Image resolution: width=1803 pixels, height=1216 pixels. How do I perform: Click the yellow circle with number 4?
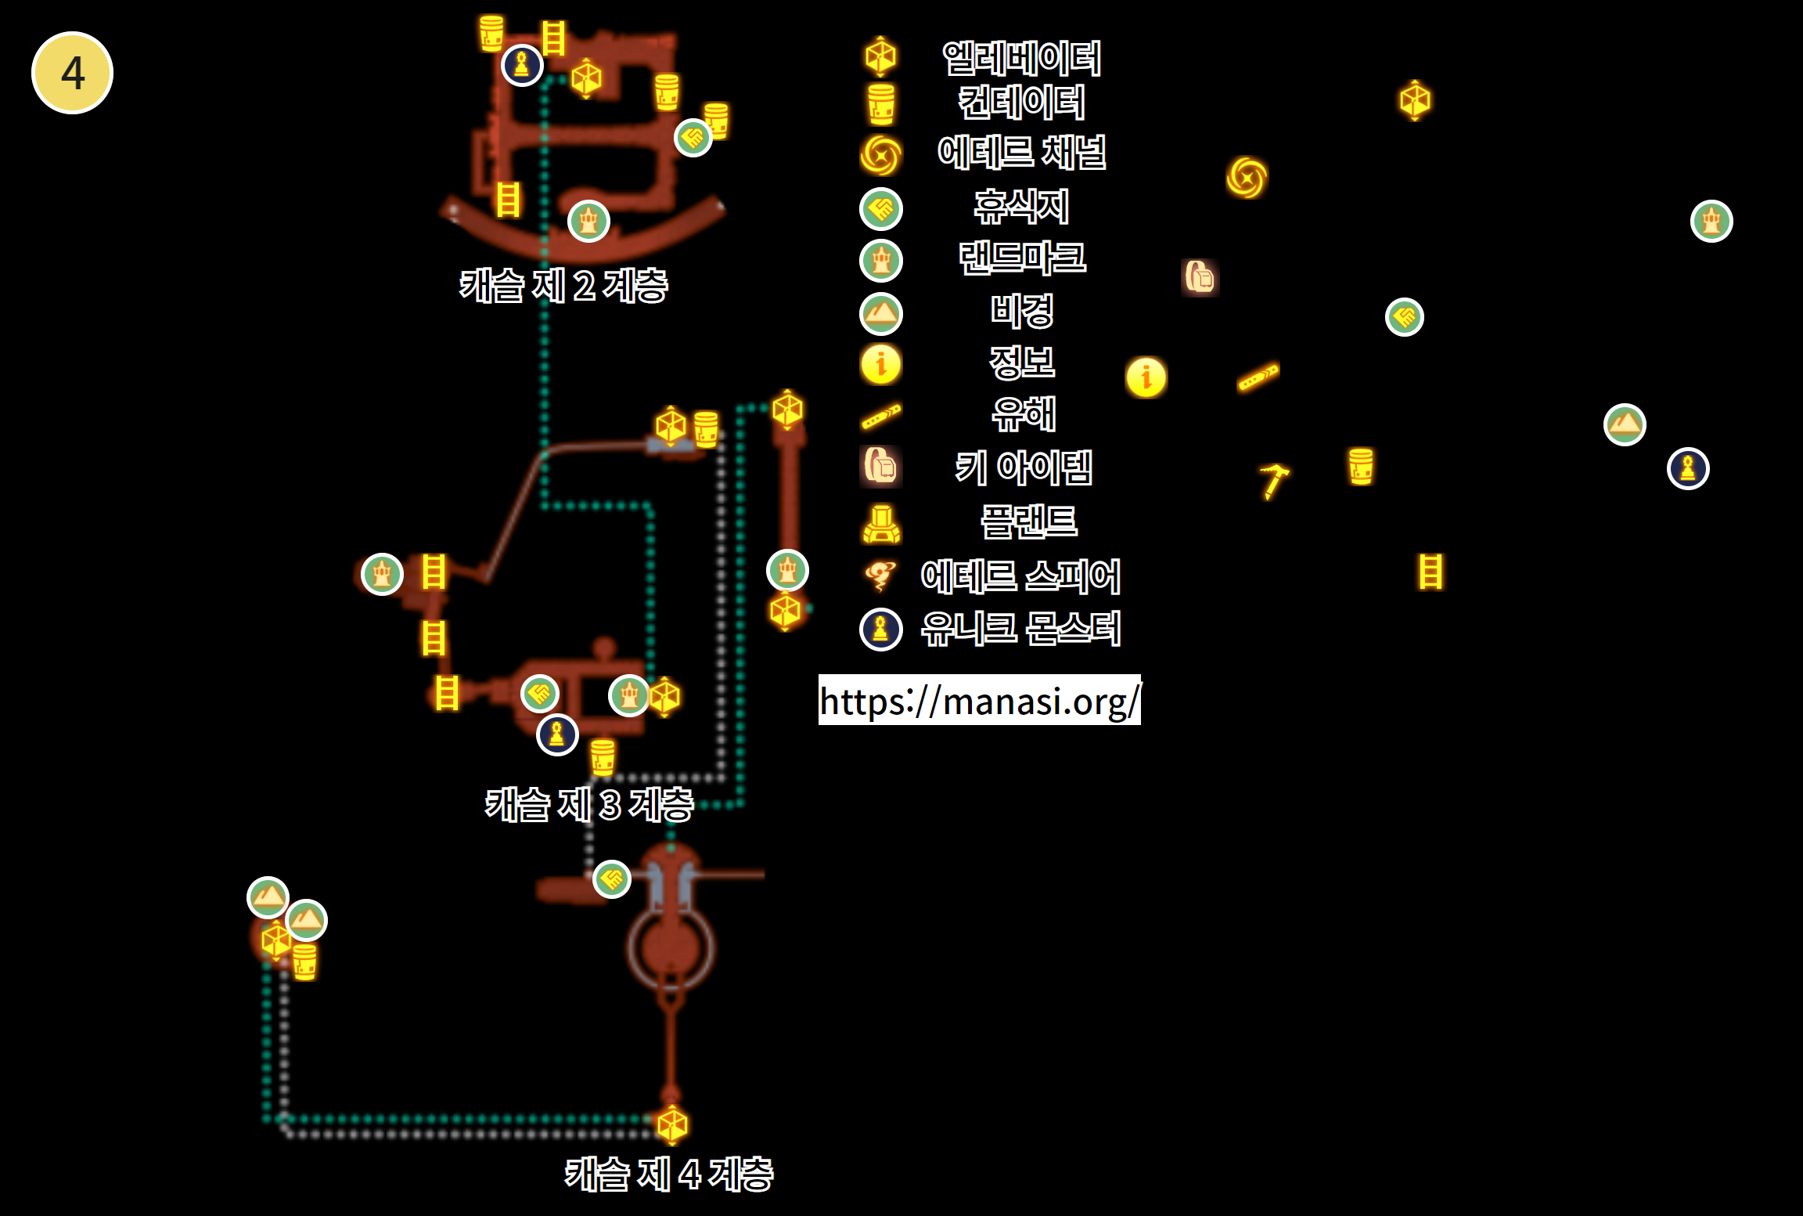72,73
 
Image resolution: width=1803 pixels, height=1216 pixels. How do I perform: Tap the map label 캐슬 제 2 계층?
563,286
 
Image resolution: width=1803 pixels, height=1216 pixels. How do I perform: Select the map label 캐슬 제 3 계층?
589,805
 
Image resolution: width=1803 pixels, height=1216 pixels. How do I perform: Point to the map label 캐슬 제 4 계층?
669,1175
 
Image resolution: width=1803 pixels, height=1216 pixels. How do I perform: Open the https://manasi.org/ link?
980,700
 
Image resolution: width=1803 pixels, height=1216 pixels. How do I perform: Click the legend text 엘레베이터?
1022,58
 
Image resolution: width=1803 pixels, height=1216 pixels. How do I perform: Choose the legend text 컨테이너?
1022,103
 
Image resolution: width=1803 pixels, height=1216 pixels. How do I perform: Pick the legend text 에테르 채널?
1022,152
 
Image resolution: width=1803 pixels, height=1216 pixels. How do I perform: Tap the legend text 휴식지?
1022,207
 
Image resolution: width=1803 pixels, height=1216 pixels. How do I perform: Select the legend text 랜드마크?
1022,258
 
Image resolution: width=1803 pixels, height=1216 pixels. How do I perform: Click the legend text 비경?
1022,311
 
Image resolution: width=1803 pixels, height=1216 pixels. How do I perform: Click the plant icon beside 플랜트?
881,524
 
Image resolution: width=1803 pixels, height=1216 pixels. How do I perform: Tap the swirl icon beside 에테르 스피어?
880,576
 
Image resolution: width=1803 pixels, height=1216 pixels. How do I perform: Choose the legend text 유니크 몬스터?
1021,629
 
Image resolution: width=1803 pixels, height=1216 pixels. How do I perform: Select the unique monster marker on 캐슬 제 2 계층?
523,65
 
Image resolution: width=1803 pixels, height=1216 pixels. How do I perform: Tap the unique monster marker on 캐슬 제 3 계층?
557,734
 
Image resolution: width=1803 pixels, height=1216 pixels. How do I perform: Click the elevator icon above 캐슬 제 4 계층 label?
672,1125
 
